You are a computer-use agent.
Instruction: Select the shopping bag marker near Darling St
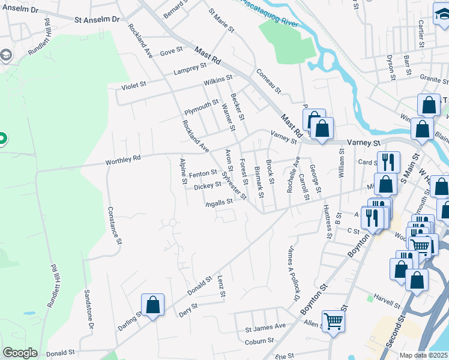click(x=153, y=304)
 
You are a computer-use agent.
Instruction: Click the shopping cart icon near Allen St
click(x=333, y=320)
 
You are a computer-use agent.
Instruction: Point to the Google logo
click(x=20, y=352)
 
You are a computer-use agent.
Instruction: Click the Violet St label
click(x=134, y=86)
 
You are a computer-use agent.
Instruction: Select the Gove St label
click(x=171, y=52)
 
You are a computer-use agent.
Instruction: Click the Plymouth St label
click(x=201, y=107)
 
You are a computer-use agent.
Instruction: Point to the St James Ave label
click(x=265, y=327)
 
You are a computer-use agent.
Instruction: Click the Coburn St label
click(x=259, y=343)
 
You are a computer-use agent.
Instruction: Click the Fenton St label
click(x=202, y=173)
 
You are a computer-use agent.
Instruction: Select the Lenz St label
click(x=221, y=287)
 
